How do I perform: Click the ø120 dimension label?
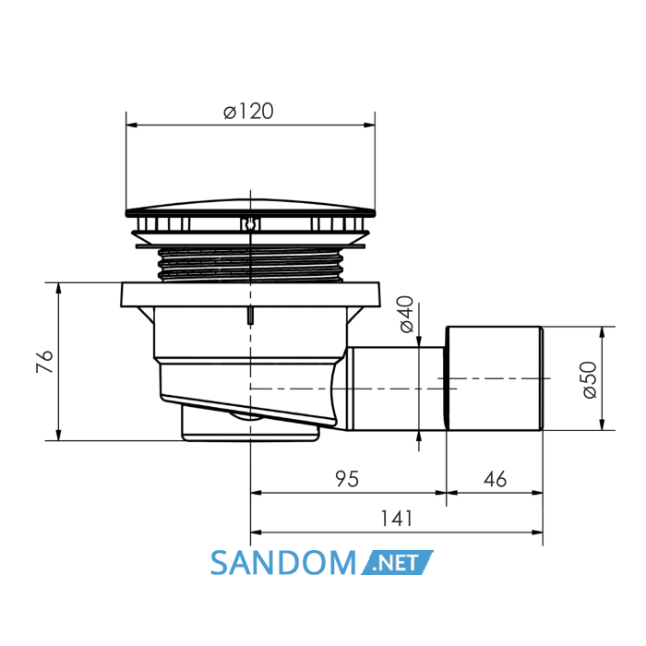[x=248, y=112]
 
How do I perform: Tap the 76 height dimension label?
[x=44, y=362]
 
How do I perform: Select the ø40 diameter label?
[x=407, y=314]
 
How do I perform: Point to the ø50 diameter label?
[x=590, y=380]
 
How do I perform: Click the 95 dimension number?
[x=347, y=479]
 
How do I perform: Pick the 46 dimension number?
[x=495, y=479]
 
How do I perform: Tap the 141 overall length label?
[x=396, y=519]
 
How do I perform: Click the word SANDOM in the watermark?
[x=283, y=563]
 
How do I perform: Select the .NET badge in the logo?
[x=397, y=562]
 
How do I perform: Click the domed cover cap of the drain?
[x=250, y=209]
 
